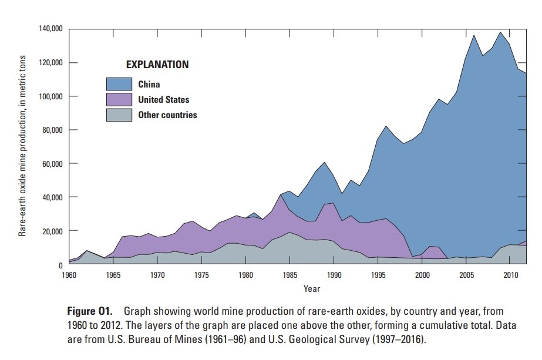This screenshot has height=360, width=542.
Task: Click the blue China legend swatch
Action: pyautogui.click(x=119, y=84)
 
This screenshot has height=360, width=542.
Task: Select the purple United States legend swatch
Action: pyautogui.click(x=119, y=99)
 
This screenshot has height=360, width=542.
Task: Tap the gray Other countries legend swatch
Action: pyautogui.click(x=119, y=115)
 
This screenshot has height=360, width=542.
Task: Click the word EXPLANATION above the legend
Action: pyautogui.click(x=157, y=64)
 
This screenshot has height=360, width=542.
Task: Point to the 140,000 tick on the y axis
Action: pyautogui.click(x=50, y=29)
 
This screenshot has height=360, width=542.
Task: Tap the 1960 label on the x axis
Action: pyautogui.click(x=69, y=275)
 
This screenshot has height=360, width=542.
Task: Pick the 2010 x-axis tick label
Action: pyautogui.click(x=509, y=275)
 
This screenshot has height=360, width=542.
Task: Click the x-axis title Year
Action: pyautogui.click(x=312, y=288)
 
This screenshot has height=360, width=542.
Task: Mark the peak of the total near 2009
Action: pyautogui.click(x=500, y=32)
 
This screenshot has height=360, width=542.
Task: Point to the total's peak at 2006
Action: pyautogui.click(x=474, y=35)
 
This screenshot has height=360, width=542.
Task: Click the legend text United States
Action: pyautogui.click(x=164, y=100)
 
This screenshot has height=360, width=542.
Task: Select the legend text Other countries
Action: pyautogui.click(x=167, y=115)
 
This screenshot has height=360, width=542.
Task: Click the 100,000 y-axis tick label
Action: pyautogui.click(x=50, y=96)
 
